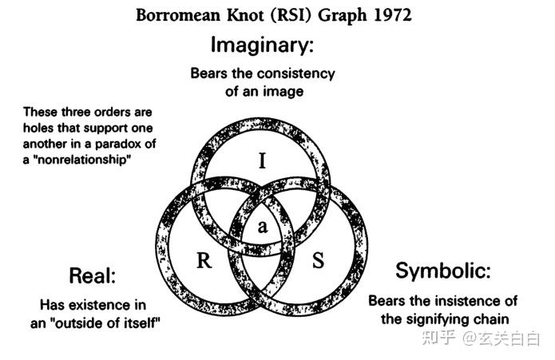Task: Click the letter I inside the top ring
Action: point(262,162)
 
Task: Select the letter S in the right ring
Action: point(317,260)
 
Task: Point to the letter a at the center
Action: point(263,227)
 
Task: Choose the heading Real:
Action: point(93,276)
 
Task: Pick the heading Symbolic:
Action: point(442,271)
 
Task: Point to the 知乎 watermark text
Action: point(437,338)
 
